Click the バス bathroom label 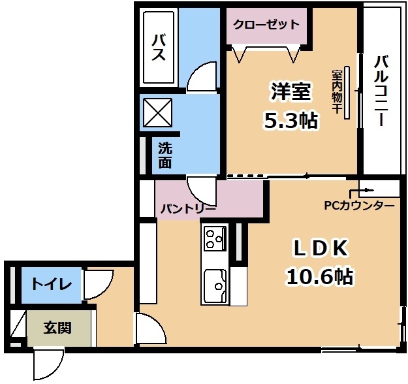point(159,48)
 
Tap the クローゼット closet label point(266,25)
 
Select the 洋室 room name point(291,91)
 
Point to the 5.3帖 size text point(291,121)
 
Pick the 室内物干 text point(336,91)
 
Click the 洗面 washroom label point(165,155)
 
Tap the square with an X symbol point(158,112)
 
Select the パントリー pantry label point(188,209)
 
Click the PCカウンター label point(359,206)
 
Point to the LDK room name point(321,248)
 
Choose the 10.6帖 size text point(320,276)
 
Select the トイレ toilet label point(52,284)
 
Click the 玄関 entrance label point(57,328)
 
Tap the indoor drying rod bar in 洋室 point(347,93)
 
